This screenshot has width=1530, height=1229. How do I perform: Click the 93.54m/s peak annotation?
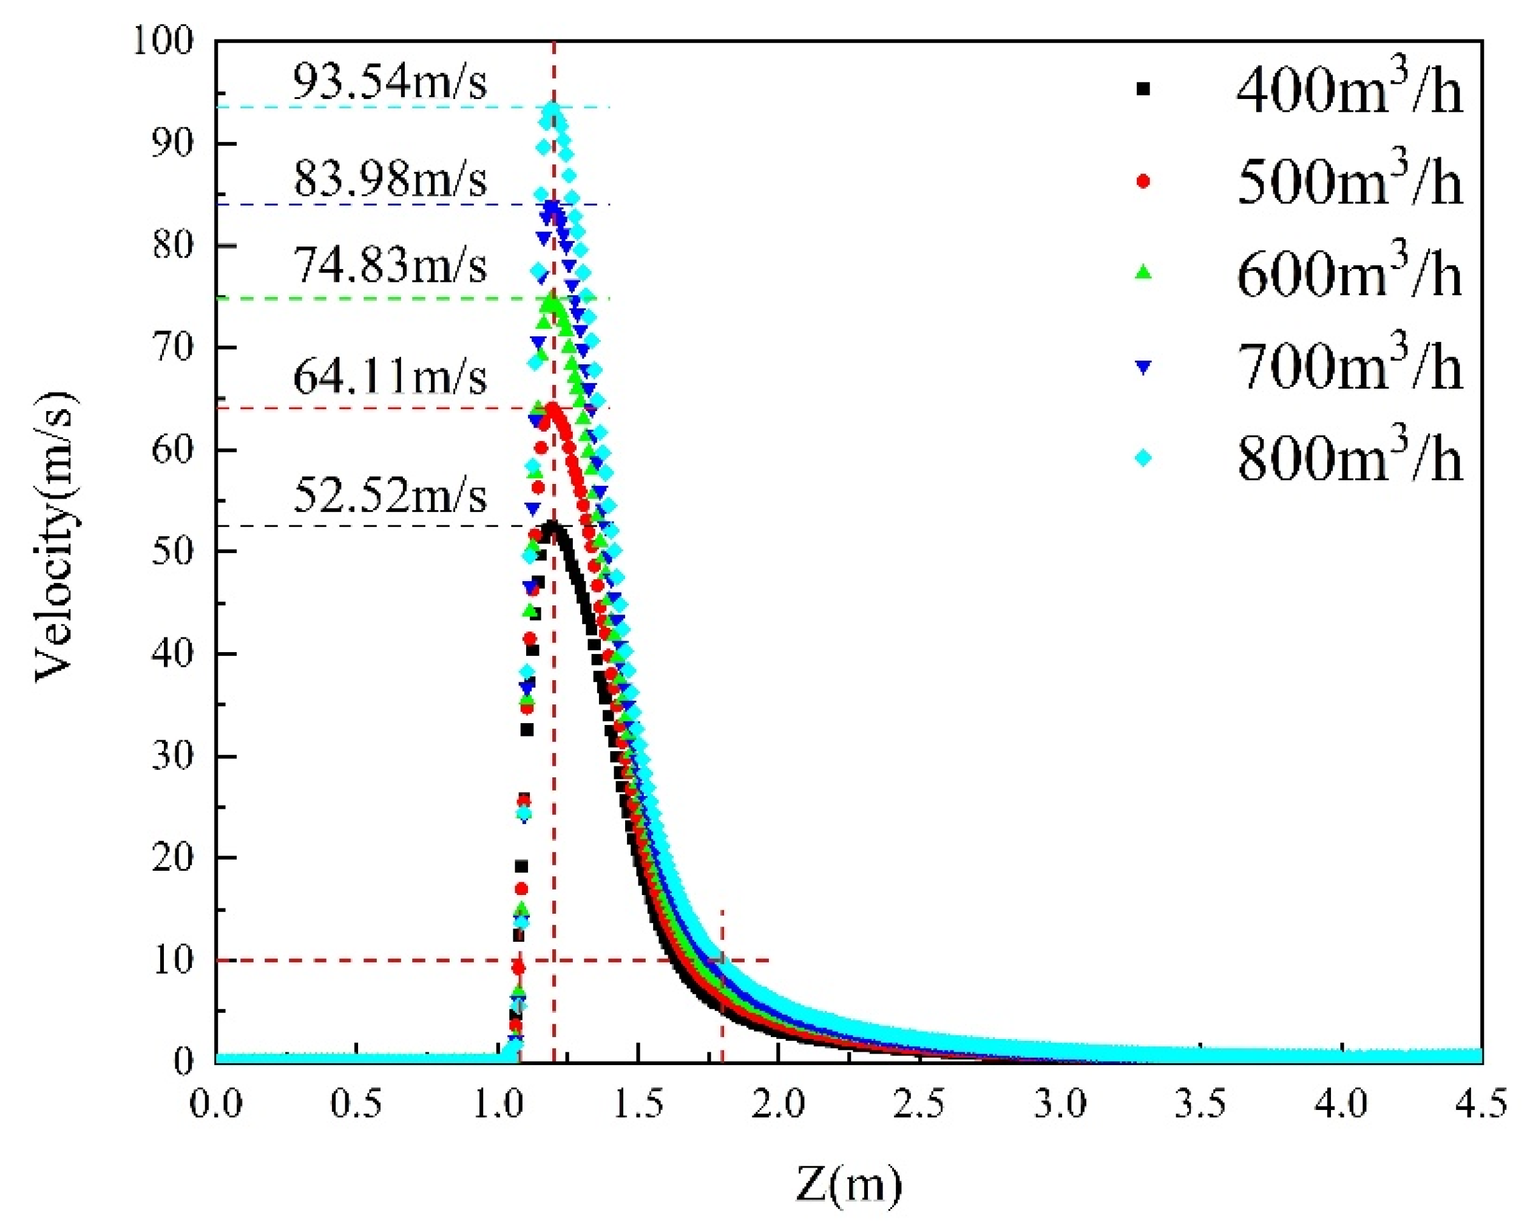click(390, 83)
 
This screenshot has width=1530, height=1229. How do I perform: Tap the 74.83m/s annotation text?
click(390, 266)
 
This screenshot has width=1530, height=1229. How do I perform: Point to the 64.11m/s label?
click(390, 376)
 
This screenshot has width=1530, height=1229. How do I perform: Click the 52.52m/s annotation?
click(390, 495)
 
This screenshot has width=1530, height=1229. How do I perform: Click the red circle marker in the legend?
click(1143, 182)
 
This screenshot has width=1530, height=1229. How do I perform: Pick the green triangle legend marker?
click(1143, 273)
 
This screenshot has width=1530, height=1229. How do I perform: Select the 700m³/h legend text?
click(1349, 367)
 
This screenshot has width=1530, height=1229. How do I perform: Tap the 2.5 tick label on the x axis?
click(919, 1106)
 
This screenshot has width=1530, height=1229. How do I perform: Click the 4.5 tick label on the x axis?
click(1481, 1106)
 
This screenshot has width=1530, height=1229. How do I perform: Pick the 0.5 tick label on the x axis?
click(356, 1106)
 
